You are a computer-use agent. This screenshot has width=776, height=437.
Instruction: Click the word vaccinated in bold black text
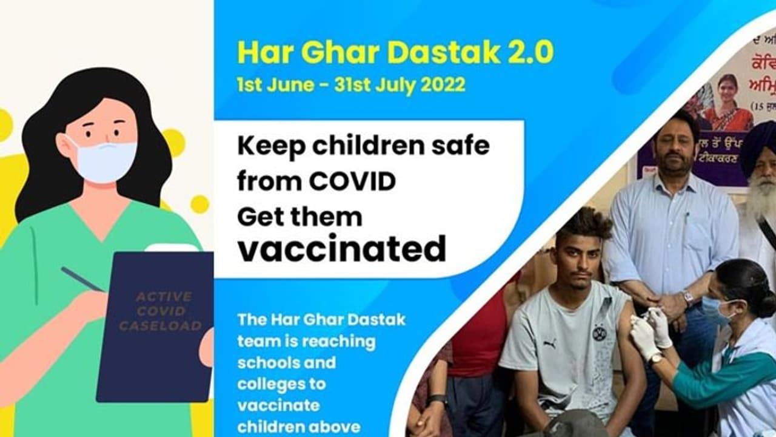(342, 248)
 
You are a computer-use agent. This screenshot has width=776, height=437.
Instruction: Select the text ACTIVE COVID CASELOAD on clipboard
(160, 311)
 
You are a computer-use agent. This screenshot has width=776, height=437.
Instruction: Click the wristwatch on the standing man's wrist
(687, 297)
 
